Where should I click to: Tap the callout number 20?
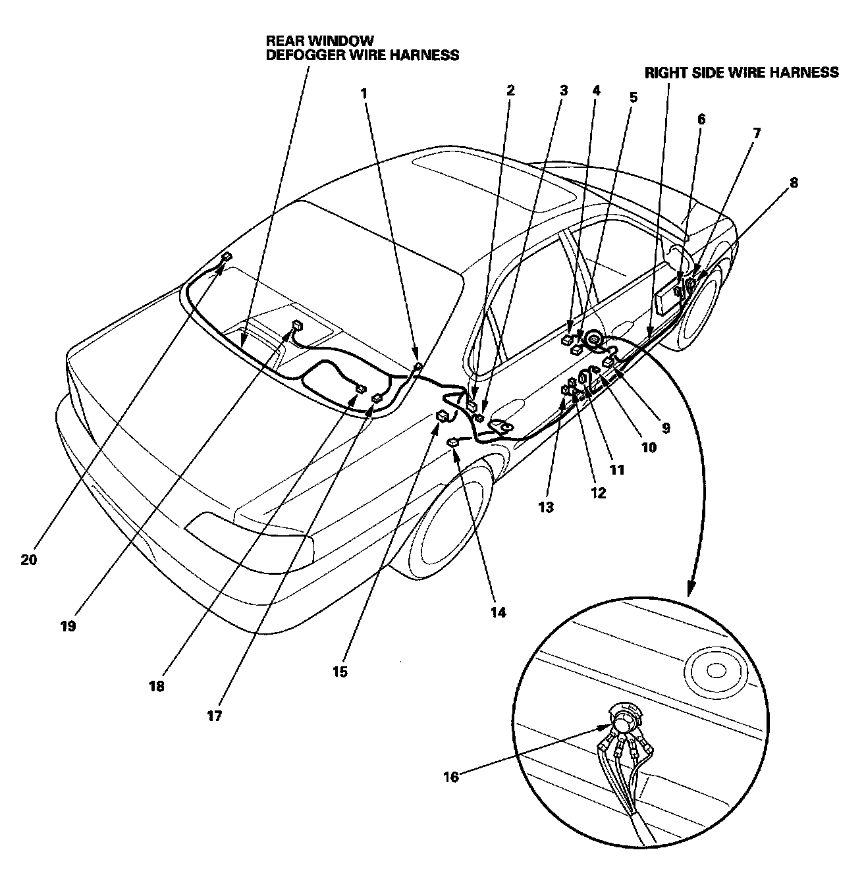[x=29, y=560]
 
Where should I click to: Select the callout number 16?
[x=451, y=777]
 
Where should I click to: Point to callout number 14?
[x=498, y=612]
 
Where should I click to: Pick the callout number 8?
[x=794, y=182]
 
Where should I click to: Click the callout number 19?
[x=68, y=626]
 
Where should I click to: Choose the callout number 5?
[x=633, y=98]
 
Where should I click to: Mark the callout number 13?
[x=546, y=508]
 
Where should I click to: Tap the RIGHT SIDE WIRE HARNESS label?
[x=742, y=72]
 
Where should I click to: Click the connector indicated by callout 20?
[x=227, y=257]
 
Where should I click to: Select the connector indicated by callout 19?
[x=298, y=325]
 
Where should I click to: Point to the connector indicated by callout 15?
[x=443, y=416]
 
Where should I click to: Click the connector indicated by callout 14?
[x=454, y=443]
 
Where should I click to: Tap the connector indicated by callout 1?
[x=417, y=367]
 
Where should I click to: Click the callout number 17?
[x=214, y=716]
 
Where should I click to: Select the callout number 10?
[x=649, y=448]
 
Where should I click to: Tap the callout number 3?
[x=563, y=91]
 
